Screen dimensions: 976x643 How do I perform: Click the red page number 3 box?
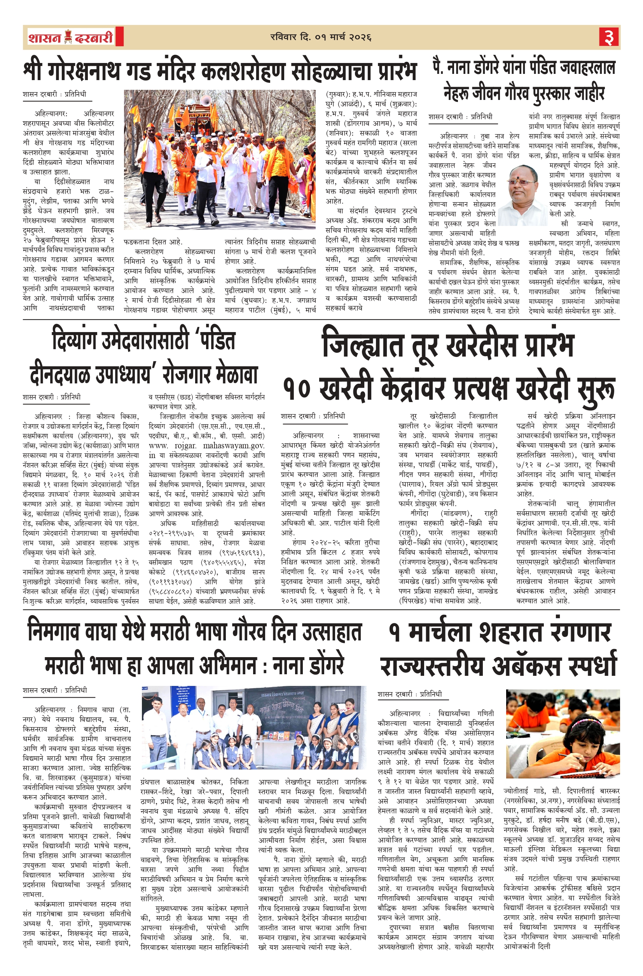609,37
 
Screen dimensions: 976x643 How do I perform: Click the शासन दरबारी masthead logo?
71,38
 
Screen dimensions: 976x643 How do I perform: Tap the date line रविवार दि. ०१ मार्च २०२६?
321,37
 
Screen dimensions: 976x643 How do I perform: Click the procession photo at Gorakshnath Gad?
220,159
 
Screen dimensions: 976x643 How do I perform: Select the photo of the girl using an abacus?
562,735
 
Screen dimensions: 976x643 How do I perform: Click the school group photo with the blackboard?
254,727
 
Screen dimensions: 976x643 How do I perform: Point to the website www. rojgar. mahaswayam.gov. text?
207,445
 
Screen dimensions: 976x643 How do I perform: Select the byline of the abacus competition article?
410,694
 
